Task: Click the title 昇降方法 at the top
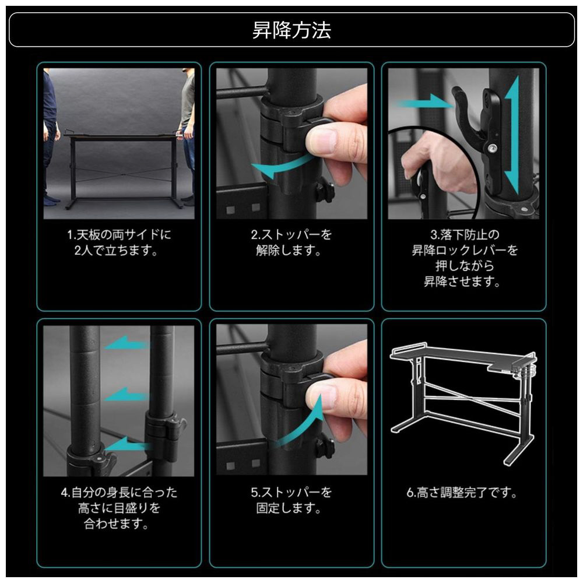coord(291,30)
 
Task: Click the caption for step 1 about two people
coord(119,243)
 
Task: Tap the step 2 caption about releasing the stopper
coord(291,243)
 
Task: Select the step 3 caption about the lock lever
coord(464,258)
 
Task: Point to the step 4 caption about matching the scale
coord(119,508)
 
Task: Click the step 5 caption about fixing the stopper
coord(291,500)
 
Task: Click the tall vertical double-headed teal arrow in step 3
coord(512,135)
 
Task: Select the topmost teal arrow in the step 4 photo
coord(127,343)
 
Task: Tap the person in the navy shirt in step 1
coord(50,138)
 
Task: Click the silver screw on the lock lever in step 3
coord(492,148)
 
